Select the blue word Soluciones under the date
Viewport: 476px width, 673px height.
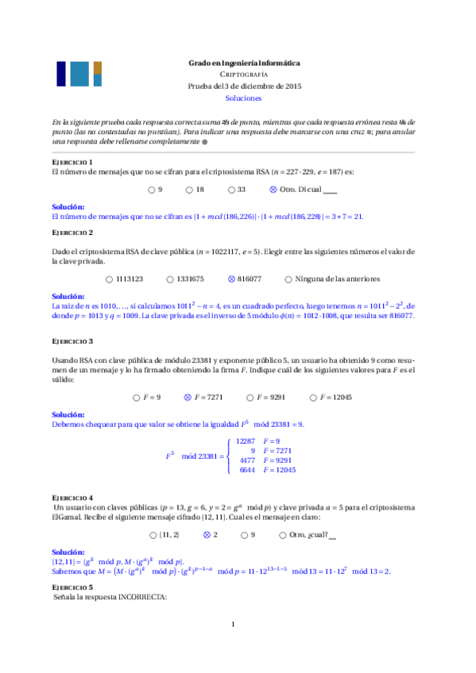point(243,99)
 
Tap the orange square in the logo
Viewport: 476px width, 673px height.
point(98,67)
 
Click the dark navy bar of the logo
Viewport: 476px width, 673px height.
point(61,74)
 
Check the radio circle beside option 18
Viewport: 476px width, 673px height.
point(189,190)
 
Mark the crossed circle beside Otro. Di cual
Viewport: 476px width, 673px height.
point(273,190)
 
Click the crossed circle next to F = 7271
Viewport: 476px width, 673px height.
point(188,397)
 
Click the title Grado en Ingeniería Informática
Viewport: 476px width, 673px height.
point(243,62)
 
